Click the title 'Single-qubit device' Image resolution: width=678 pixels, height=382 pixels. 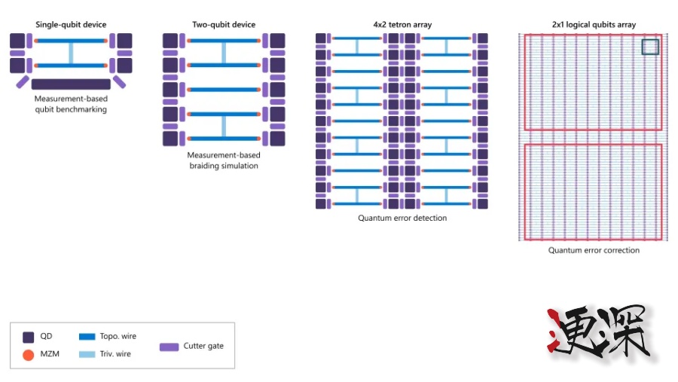[x=70, y=25]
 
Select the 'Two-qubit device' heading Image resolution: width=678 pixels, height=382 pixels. [x=224, y=25]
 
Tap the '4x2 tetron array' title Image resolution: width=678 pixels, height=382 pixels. [x=402, y=25]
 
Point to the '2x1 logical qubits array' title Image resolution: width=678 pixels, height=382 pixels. [x=593, y=25]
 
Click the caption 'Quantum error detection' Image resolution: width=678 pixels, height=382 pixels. [x=402, y=219]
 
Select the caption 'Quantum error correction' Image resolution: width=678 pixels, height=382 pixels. [x=594, y=250]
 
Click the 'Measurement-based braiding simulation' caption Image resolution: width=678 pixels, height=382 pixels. [x=224, y=160]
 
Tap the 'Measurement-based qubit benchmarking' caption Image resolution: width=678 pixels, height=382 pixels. [x=71, y=104]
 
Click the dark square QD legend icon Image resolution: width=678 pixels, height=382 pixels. [x=29, y=337]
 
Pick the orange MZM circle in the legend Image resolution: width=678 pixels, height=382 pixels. [x=29, y=354]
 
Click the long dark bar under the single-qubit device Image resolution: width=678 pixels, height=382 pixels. [x=71, y=84]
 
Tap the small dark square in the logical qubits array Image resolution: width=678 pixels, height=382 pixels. [x=650, y=47]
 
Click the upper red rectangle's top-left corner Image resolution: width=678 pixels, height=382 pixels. [x=526, y=35]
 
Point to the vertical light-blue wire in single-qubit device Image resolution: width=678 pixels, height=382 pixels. [x=72, y=53]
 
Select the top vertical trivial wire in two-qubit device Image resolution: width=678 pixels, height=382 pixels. [x=224, y=53]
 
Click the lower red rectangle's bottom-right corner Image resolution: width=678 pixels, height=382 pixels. [x=661, y=240]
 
